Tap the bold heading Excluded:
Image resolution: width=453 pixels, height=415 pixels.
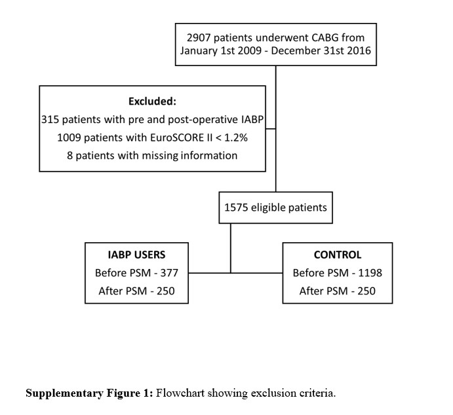pyautogui.click(x=152, y=101)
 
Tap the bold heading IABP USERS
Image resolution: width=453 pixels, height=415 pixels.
pyautogui.click(x=136, y=255)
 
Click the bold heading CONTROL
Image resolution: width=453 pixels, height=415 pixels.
pyautogui.click(x=338, y=255)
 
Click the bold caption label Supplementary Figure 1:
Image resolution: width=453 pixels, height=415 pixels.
pyautogui.click(x=89, y=393)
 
